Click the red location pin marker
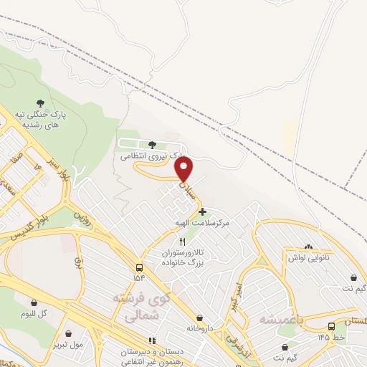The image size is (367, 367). (x=185, y=169)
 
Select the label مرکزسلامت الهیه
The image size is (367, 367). (x=204, y=224)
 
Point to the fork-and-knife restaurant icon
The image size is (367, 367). (x=182, y=242)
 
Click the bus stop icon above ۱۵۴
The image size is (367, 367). (x=138, y=266)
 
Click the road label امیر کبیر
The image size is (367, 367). (x=237, y=295)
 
